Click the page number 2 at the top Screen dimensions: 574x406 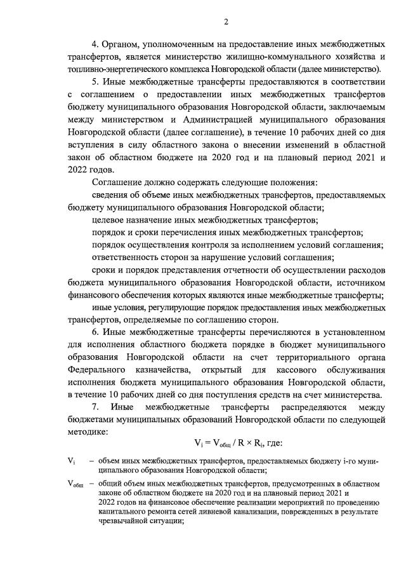pyautogui.click(x=226, y=23)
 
